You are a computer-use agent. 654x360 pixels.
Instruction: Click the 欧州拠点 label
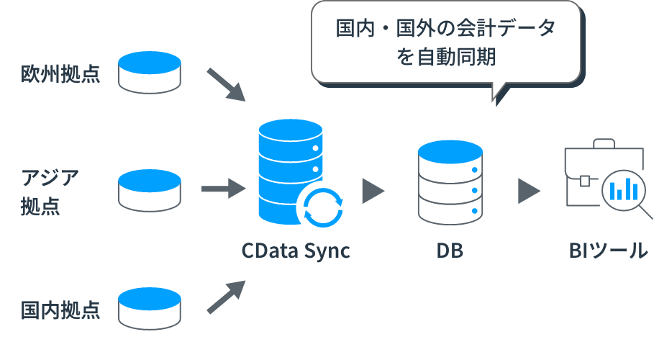coord(60,73)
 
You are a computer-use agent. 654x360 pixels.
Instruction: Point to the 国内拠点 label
coord(60,310)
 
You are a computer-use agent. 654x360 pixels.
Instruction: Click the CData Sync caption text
coord(296,251)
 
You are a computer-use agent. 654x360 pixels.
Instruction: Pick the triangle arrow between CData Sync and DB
coord(372,191)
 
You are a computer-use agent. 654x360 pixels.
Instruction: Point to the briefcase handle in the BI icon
coord(594,145)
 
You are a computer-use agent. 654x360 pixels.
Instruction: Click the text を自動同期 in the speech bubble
coord(446,58)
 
